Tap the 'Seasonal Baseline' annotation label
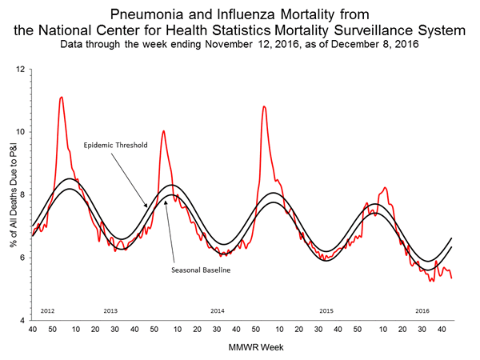[x=201, y=270]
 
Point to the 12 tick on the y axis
[x=22, y=70]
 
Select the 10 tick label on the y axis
[x=22, y=132]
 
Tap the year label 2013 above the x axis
[x=110, y=310]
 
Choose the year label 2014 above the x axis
[x=217, y=310]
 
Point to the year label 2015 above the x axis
[x=326, y=310]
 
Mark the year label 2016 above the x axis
[x=423, y=310]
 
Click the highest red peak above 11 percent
[x=62, y=97]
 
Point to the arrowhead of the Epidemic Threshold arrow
[x=146, y=207]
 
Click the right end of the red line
[x=452, y=278]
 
